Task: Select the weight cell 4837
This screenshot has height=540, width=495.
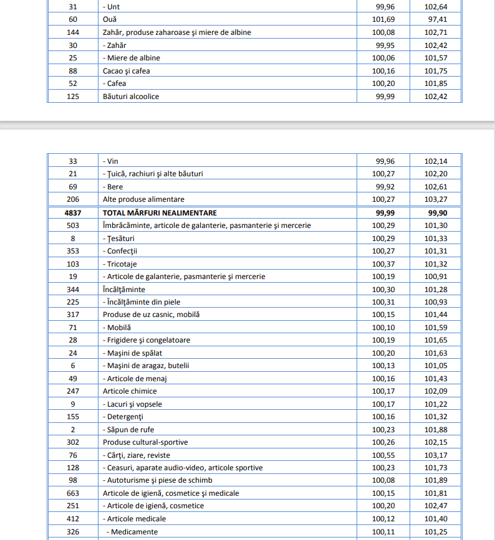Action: pyautogui.click(x=73, y=212)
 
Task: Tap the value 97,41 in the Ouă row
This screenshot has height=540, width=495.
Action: pyautogui.click(x=436, y=19)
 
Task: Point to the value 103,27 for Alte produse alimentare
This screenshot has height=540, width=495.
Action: pyautogui.click(x=436, y=199)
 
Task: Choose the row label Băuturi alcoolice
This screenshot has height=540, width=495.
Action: pyautogui.click(x=131, y=97)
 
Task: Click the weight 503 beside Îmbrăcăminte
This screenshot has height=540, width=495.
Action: pyautogui.click(x=73, y=225)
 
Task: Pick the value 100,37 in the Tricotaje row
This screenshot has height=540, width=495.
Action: pyautogui.click(x=383, y=263)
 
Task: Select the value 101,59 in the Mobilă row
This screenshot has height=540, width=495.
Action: pyautogui.click(x=436, y=328)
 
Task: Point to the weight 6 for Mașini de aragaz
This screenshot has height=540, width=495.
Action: pyautogui.click(x=73, y=366)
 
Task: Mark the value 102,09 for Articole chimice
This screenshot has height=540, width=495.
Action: pyautogui.click(x=436, y=391)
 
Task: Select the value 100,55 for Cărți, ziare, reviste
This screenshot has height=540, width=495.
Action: pyautogui.click(x=383, y=455)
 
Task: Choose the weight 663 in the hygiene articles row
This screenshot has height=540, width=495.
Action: pyautogui.click(x=73, y=493)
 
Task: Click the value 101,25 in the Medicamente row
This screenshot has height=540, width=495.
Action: pyautogui.click(x=436, y=532)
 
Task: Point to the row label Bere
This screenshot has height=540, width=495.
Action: pyautogui.click(x=115, y=187)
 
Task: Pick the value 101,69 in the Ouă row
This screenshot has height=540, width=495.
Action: pyautogui.click(x=383, y=19)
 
